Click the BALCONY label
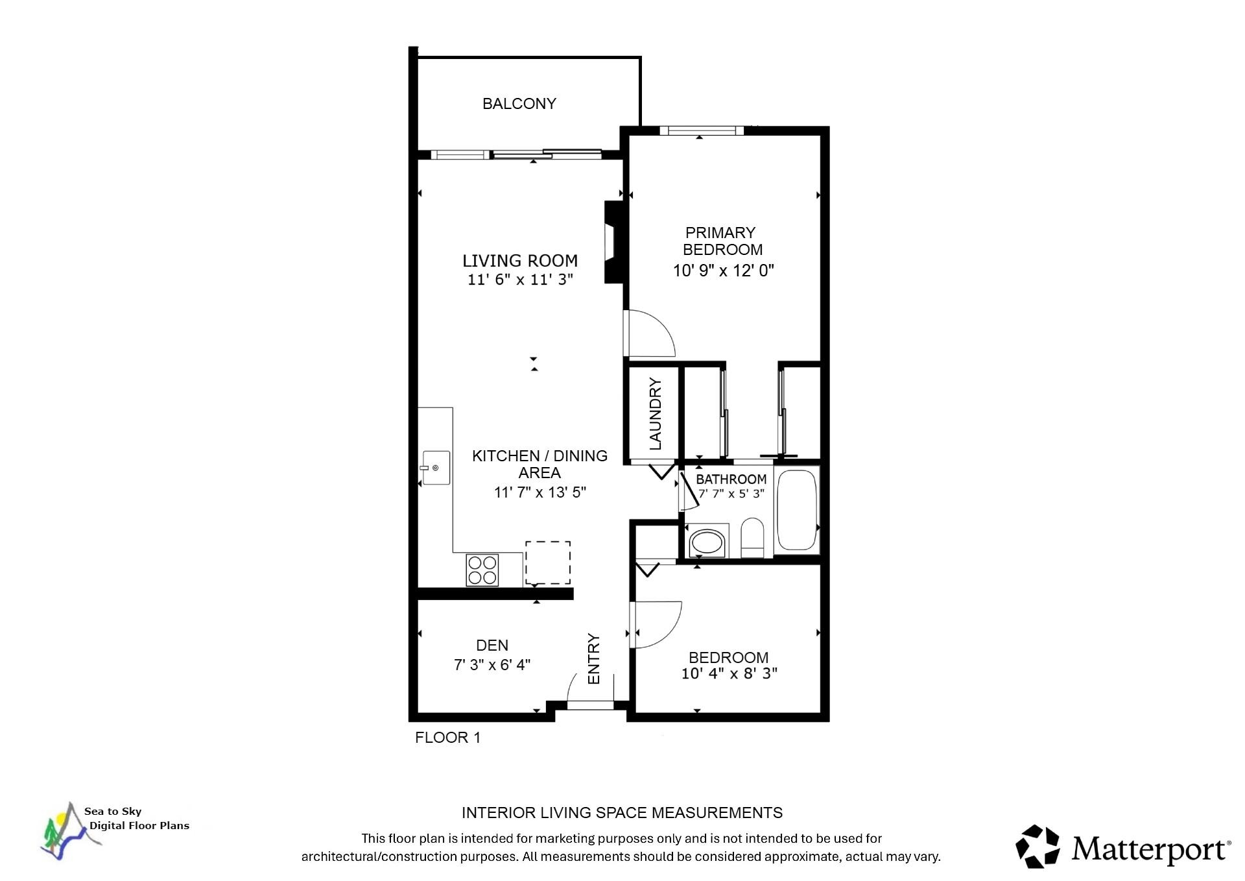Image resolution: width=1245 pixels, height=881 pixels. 519,104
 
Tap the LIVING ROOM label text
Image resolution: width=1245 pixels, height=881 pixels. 520,261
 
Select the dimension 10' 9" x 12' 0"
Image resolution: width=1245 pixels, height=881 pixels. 724,271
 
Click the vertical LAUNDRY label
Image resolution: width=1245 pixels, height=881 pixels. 656,414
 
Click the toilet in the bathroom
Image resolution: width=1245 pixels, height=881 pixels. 753,538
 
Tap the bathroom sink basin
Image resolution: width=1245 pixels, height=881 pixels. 707,542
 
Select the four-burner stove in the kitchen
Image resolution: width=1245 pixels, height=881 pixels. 482,570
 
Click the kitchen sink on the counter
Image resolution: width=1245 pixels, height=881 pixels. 435,468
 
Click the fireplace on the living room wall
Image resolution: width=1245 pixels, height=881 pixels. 613,242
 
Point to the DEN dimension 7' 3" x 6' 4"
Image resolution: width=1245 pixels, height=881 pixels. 492,665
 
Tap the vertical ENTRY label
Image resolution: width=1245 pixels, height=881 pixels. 594,658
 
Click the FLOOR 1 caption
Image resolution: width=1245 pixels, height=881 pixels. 447,738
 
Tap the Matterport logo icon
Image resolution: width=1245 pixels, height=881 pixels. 1037,846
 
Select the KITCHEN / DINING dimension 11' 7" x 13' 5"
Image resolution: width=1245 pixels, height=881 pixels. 540,492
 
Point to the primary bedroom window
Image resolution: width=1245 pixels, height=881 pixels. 702,130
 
